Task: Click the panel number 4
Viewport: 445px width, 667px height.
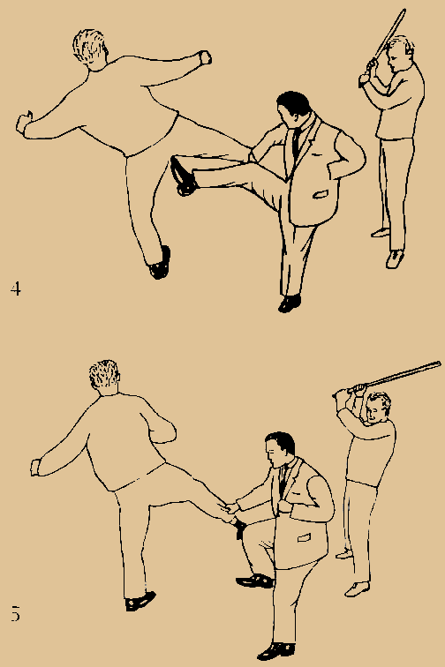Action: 15,289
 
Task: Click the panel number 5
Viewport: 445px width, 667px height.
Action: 15,613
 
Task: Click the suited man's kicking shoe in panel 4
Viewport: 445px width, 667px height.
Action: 183,175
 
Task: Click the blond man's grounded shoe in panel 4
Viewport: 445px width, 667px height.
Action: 160,263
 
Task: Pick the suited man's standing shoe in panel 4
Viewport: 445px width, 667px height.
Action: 289,304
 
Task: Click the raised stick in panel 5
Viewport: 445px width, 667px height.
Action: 393,376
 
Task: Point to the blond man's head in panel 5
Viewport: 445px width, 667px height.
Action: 104,377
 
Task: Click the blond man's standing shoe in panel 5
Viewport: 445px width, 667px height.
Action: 140,602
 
